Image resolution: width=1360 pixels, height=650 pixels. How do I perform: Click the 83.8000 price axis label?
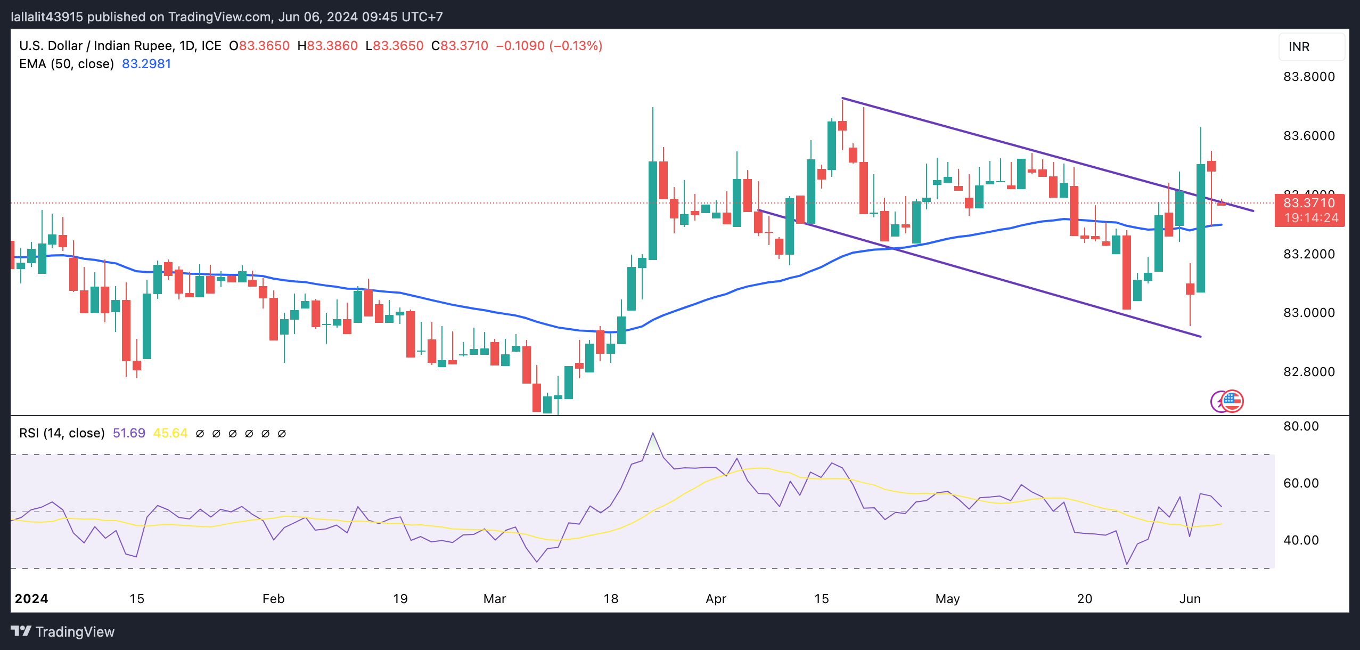(x=1309, y=77)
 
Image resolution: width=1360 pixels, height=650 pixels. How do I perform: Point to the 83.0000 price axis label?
(x=1309, y=313)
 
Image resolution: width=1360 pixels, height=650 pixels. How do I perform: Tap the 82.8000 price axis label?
(x=1309, y=372)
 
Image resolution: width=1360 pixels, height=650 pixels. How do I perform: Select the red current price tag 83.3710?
(x=1309, y=203)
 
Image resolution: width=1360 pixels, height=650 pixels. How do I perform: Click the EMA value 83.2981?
(x=146, y=64)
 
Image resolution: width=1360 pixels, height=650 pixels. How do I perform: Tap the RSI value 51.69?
(x=129, y=433)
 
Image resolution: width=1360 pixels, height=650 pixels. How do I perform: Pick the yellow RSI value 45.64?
(x=170, y=433)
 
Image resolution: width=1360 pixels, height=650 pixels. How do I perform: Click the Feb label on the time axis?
(x=273, y=599)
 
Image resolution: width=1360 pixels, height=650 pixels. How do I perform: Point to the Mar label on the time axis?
(x=494, y=599)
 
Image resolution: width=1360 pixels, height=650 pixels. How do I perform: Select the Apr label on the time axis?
(x=716, y=599)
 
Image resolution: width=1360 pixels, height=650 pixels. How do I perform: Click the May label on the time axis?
(x=947, y=599)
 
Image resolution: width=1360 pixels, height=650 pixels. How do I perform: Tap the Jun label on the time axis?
(x=1190, y=599)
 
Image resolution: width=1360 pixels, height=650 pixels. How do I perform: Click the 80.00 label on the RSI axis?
(x=1301, y=426)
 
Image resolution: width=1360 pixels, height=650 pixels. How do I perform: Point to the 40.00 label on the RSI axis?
(x=1301, y=540)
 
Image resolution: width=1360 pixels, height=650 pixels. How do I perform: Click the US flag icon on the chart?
(x=1232, y=401)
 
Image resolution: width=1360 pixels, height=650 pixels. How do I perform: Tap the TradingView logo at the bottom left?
(x=63, y=632)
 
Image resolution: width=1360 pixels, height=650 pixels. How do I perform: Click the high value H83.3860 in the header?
(x=327, y=46)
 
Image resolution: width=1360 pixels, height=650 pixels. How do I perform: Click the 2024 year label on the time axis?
(x=31, y=599)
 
